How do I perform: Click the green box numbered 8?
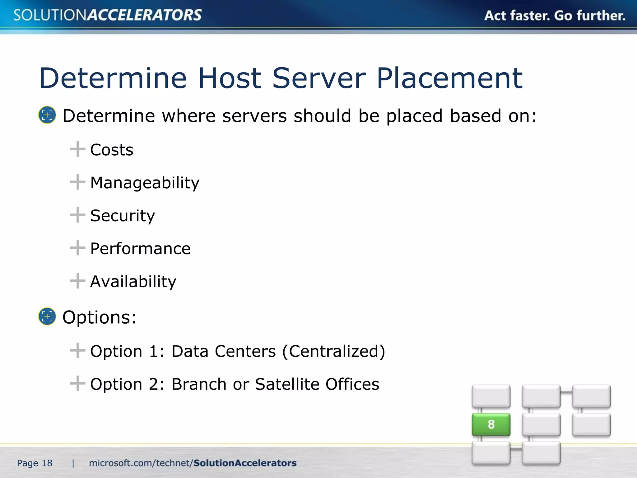point(491,424)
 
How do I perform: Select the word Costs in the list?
point(112,150)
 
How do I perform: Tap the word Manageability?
point(145,183)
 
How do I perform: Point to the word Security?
point(123,216)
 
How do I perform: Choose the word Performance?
point(140,249)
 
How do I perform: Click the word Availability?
point(133,282)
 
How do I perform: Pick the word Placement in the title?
point(449,78)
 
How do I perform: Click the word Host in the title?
point(230,78)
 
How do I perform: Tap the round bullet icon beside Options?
point(47,316)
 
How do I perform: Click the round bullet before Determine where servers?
point(47,115)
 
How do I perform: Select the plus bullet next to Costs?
point(77,149)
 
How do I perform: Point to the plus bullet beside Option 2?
point(77,383)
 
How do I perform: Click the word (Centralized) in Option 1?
point(334,351)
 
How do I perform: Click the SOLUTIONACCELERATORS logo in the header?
point(108,15)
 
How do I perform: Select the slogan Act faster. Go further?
point(555,16)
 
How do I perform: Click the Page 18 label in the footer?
point(35,463)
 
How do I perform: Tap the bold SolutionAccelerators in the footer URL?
point(245,463)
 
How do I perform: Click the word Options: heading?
point(100,317)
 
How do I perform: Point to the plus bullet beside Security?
point(77,215)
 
